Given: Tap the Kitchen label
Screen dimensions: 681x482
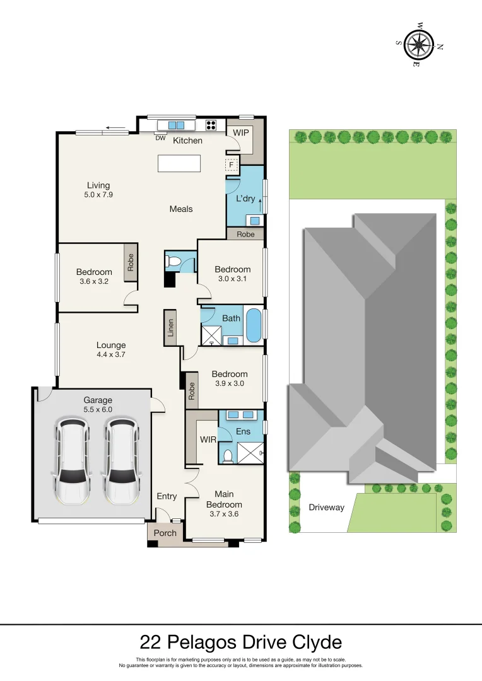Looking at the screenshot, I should click(x=188, y=140).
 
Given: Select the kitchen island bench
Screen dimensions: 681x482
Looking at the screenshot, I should click(x=179, y=163).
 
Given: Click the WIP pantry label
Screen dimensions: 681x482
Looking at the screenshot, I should click(x=240, y=133).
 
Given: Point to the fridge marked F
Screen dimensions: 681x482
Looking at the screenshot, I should click(x=232, y=166).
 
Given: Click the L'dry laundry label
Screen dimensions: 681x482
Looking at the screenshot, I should click(x=245, y=199).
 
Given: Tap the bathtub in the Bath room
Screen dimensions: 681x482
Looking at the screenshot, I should click(x=254, y=325).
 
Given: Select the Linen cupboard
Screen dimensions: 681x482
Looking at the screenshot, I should click(x=170, y=328).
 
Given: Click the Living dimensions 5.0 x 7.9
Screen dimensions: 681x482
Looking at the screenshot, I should click(x=98, y=195).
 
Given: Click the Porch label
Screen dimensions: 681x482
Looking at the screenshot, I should click(x=166, y=533).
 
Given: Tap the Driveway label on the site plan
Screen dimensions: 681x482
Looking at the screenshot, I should click(x=327, y=507).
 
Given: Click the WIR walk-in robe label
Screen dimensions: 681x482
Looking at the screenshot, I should click(x=208, y=438).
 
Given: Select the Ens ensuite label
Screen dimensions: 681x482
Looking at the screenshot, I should click(x=243, y=431).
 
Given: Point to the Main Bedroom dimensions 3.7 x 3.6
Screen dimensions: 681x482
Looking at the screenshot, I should click(x=224, y=514).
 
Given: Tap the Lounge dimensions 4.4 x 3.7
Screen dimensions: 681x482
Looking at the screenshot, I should click(x=111, y=355).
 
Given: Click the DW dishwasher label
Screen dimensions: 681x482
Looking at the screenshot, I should click(x=160, y=138).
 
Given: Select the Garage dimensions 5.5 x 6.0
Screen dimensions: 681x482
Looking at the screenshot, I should click(x=98, y=410).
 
